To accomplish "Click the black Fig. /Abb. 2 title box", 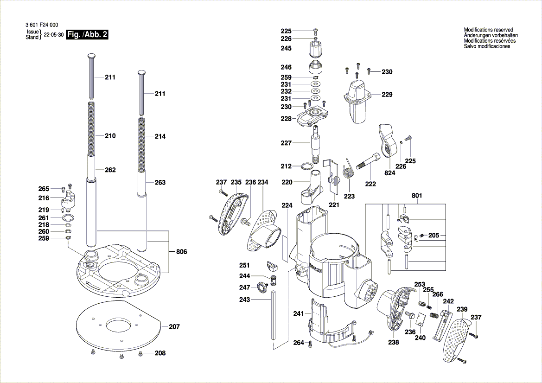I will [x=88, y=35].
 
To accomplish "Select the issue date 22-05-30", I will [x=53, y=35].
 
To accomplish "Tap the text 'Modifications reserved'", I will [x=488, y=30].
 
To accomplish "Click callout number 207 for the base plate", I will [x=174, y=327].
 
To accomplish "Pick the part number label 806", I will [x=182, y=252].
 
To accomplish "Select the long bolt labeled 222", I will [x=369, y=164].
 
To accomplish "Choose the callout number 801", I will [x=417, y=196].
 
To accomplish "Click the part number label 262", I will [x=110, y=170].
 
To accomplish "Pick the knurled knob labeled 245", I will [x=315, y=48].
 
